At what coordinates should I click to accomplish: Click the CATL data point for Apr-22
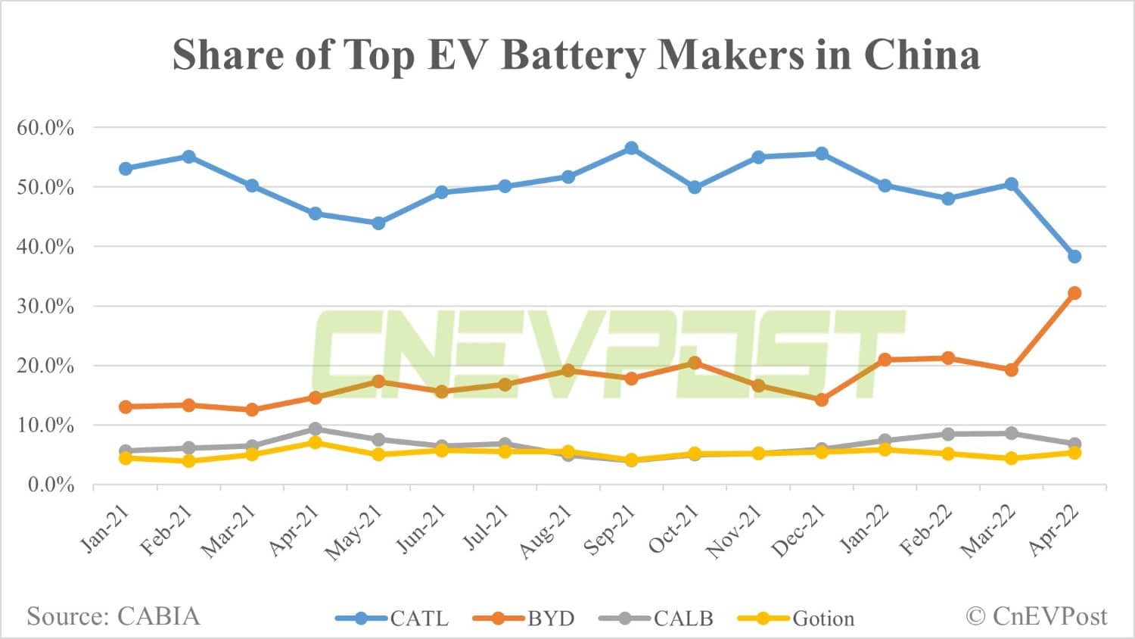[1074, 257]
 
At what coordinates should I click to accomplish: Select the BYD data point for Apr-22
[1074, 293]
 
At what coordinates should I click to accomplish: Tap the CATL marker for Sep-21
[631, 148]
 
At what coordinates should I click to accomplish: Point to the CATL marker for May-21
[378, 223]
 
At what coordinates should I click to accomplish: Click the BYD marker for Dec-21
[821, 400]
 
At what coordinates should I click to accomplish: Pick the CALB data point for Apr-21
[316, 429]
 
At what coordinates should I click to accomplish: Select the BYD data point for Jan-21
[126, 407]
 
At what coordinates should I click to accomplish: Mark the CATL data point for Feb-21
[189, 157]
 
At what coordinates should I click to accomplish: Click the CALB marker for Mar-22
[1011, 433]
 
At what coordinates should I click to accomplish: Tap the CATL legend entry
[393, 619]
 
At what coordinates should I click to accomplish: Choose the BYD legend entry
[524, 619]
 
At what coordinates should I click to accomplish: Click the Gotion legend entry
[796, 619]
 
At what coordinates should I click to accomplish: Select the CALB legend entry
[656, 619]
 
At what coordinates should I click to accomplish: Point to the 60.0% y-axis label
[45, 128]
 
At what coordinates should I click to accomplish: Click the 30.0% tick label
[45, 307]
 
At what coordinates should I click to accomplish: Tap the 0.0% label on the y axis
[51, 485]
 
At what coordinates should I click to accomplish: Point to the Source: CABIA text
[113, 616]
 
